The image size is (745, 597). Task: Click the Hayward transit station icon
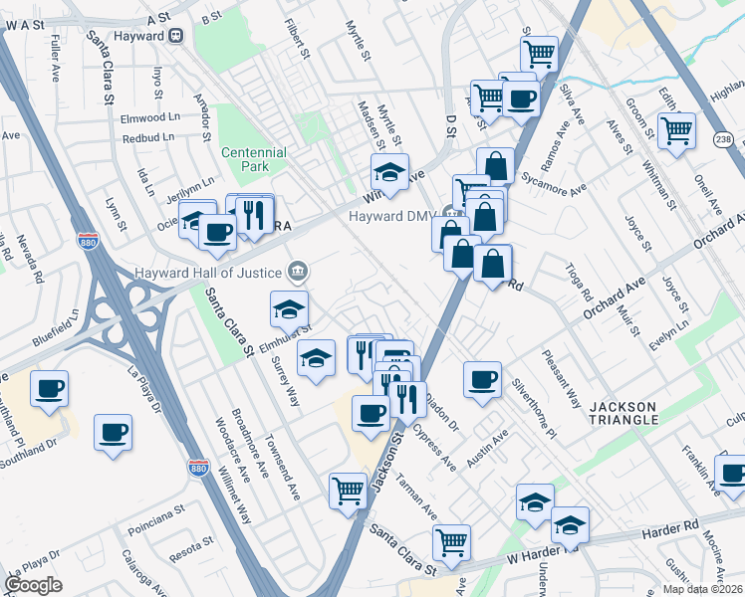point(176,35)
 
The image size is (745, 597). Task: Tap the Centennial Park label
point(254,159)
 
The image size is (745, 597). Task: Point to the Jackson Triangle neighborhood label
point(622,413)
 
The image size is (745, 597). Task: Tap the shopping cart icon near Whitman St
point(676,129)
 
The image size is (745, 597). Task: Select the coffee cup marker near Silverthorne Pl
point(483,378)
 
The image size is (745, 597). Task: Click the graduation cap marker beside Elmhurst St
point(289,308)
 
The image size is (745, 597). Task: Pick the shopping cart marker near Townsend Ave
point(348,490)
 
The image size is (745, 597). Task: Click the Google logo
point(34,585)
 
